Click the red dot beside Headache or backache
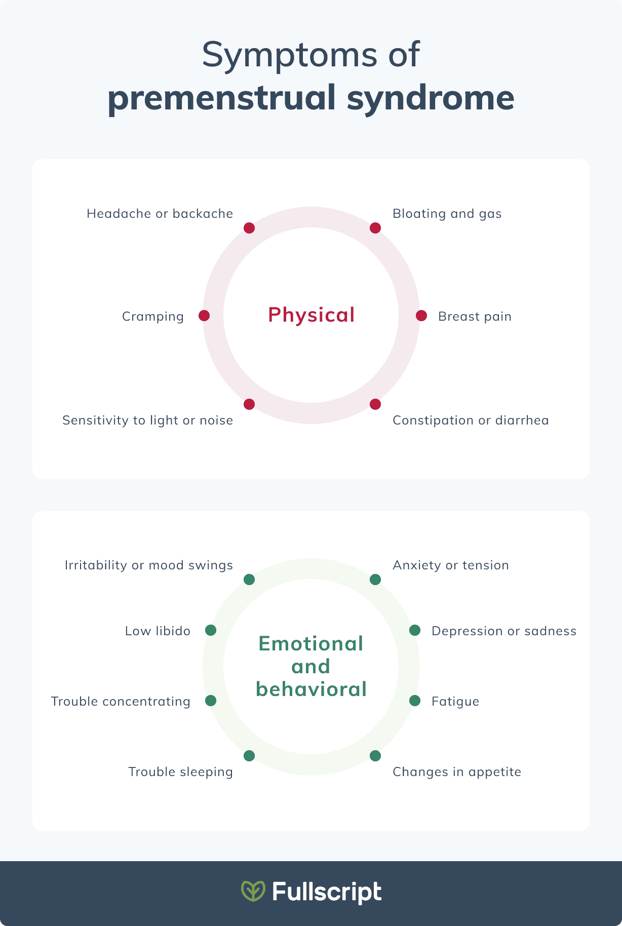pos(249,228)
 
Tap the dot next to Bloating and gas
pos(375,228)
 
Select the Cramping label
pos(152,317)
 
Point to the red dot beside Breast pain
pos(421,316)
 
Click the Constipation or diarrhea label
pos(471,420)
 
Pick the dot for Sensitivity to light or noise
pos(249,404)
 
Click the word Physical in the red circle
pos(311,315)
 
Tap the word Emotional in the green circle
pos(311,644)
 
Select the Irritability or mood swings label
pos(148,565)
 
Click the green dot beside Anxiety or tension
pos(375,580)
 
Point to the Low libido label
pos(158,631)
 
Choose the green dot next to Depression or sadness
pos(414,630)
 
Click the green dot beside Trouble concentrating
pos(211,701)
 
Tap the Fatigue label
pos(455,702)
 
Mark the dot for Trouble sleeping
pos(249,756)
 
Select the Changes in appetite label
pos(456,772)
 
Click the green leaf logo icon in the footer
pos(253,891)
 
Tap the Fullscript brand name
pos(327,892)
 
